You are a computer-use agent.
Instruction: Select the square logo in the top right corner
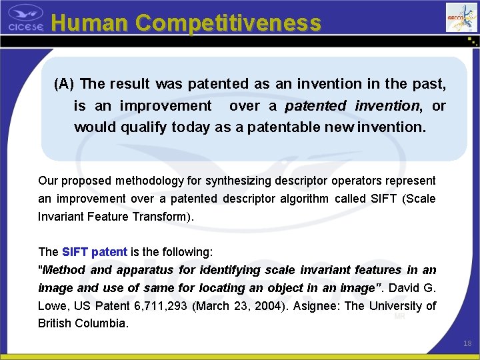point(461,17)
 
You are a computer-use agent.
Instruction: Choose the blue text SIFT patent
point(95,252)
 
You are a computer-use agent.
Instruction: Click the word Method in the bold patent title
point(64,270)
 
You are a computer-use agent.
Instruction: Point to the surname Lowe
point(53,306)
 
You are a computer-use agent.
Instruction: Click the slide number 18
point(467,343)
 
